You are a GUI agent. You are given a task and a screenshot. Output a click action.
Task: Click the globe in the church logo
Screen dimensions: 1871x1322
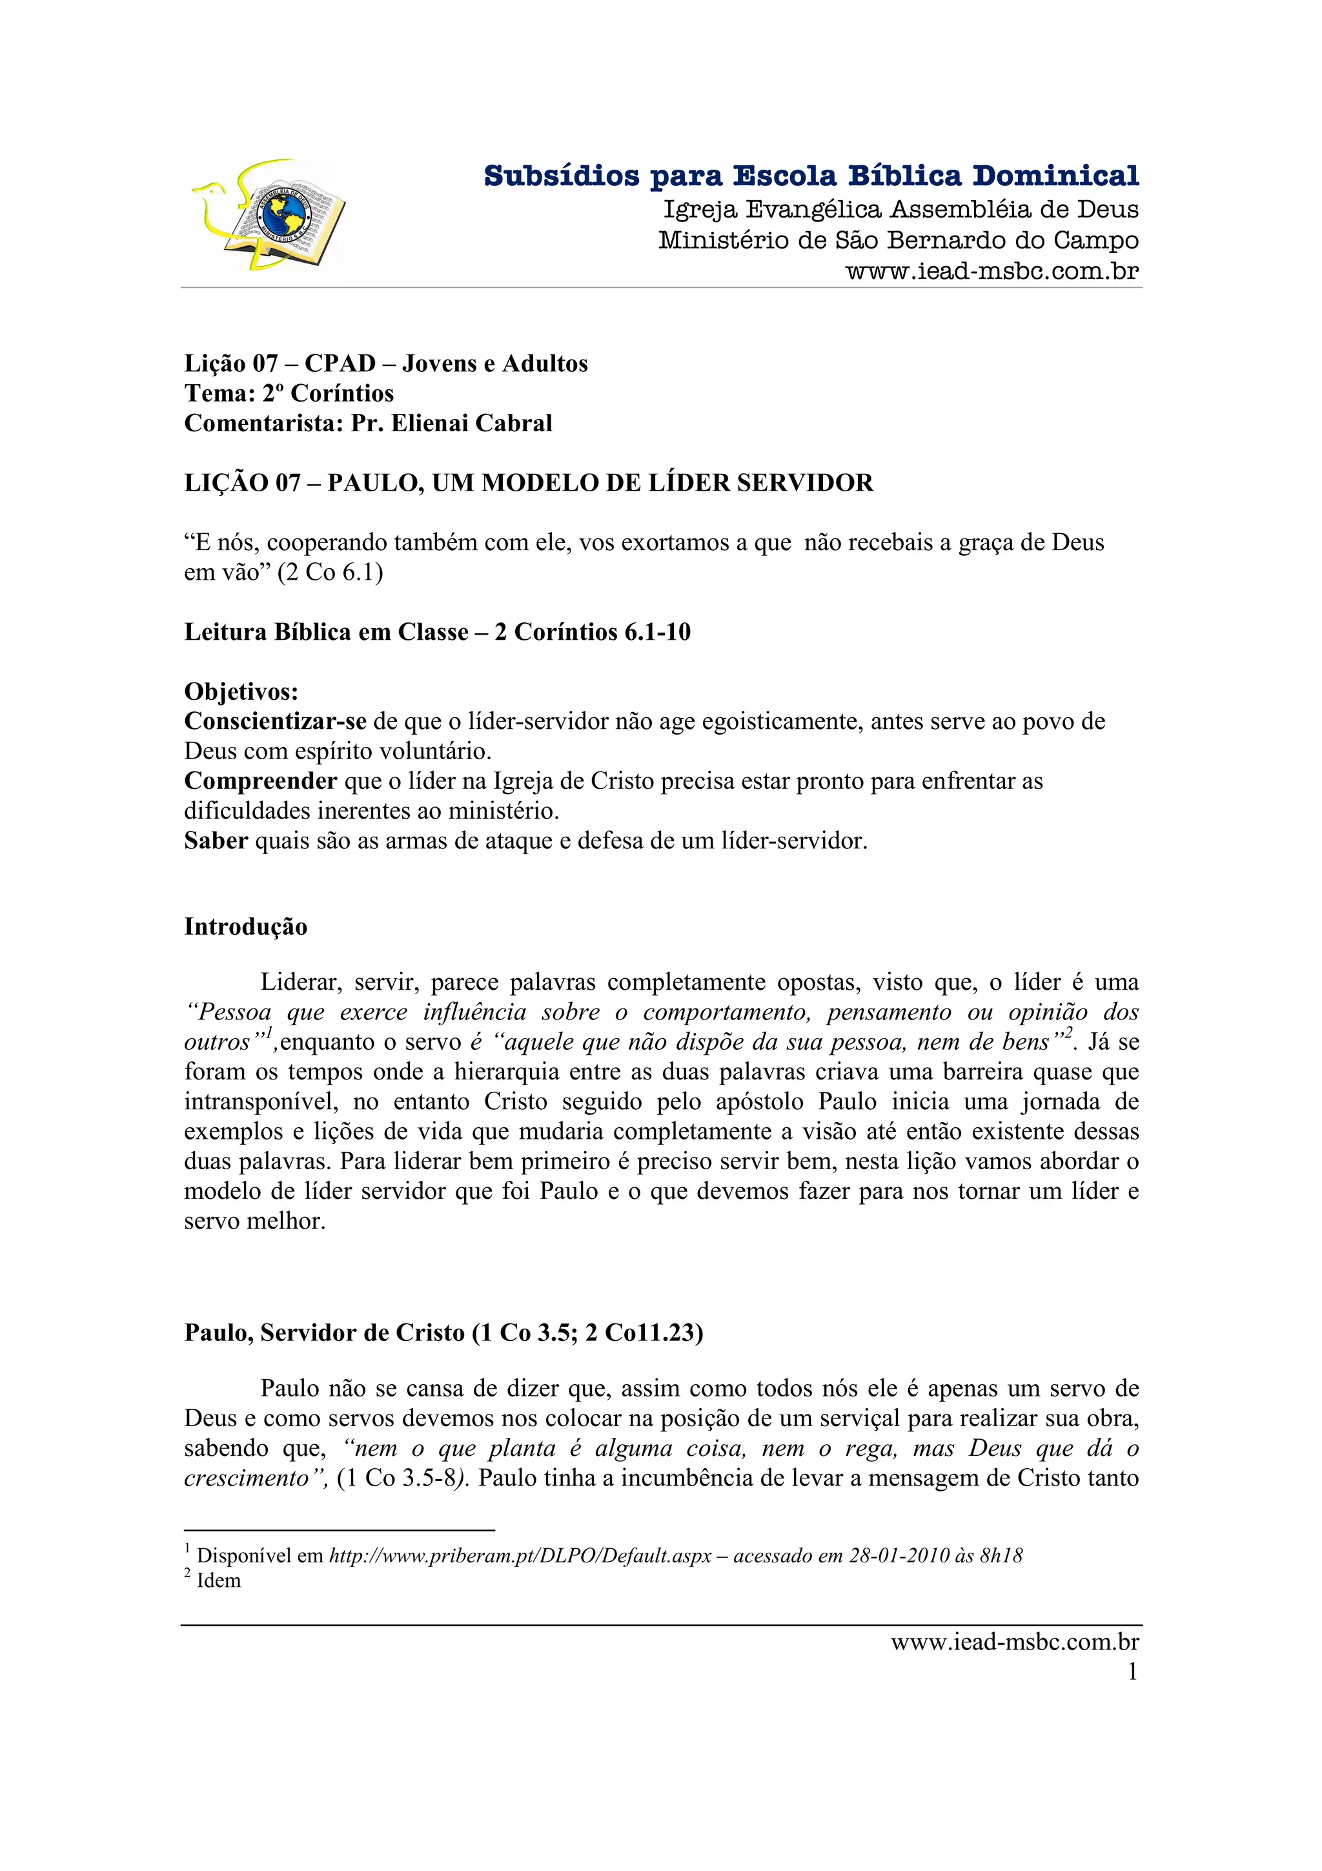pyautogui.click(x=284, y=214)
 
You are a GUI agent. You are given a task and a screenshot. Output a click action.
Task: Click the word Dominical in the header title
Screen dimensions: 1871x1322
pyautogui.click(x=1055, y=176)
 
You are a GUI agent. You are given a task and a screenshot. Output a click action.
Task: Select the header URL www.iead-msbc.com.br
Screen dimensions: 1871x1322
pyautogui.click(x=991, y=271)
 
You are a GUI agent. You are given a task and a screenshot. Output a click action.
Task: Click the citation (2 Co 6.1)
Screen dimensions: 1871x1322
pyautogui.click(x=330, y=572)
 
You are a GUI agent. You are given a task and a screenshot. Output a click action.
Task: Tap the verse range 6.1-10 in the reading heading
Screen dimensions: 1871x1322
pyautogui.click(x=657, y=632)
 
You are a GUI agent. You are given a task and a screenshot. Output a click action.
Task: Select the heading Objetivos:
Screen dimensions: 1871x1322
pyautogui.click(x=241, y=692)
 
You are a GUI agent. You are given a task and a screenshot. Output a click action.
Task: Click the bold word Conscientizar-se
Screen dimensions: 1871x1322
pyautogui.click(x=276, y=721)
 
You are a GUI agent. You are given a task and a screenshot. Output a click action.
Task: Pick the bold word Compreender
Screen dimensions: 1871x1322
pyautogui.click(x=261, y=781)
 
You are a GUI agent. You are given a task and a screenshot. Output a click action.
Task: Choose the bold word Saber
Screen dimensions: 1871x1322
pyautogui.click(x=216, y=840)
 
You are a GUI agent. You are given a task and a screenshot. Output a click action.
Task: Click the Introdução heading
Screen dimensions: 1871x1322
pyautogui.click(x=245, y=926)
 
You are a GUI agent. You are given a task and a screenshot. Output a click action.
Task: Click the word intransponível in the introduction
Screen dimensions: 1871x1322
pyautogui.click(x=261, y=1101)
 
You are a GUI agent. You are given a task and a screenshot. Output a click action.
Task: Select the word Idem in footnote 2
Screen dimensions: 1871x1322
pyautogui.click(x=219, y=1580)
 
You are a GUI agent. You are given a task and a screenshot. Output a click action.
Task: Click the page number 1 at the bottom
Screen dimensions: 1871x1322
pyautogui.click(x=1132, y=1672)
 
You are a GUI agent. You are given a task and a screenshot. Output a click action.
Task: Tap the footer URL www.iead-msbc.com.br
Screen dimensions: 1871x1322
pyautogui.click(x=1014, y=1642)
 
